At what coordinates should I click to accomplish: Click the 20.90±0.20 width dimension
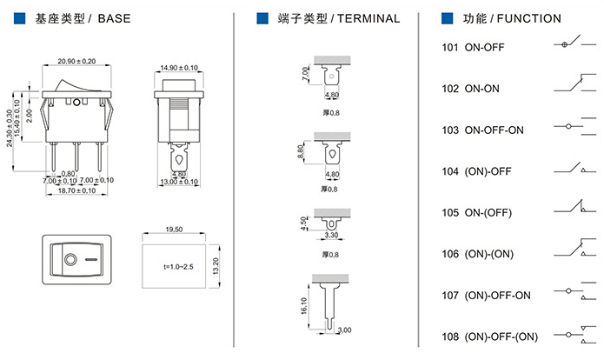click(76, 61)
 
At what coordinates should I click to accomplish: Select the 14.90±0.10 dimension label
click(179, 67)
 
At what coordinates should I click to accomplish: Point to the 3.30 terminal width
click(332, 234)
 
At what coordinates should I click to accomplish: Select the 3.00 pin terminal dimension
click(344, 330)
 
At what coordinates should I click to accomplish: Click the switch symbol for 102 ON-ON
click(569, 85)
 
